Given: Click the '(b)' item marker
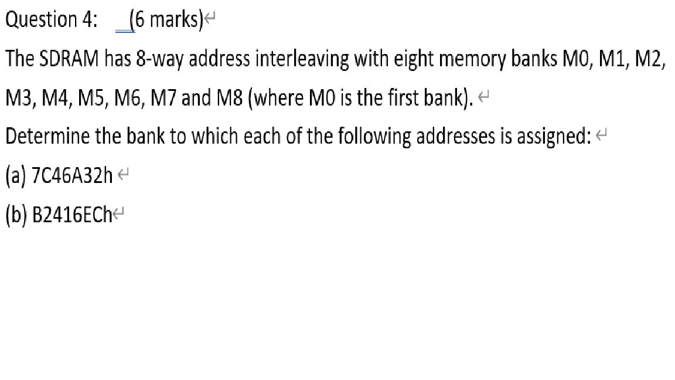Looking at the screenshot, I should pos(14,214).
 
